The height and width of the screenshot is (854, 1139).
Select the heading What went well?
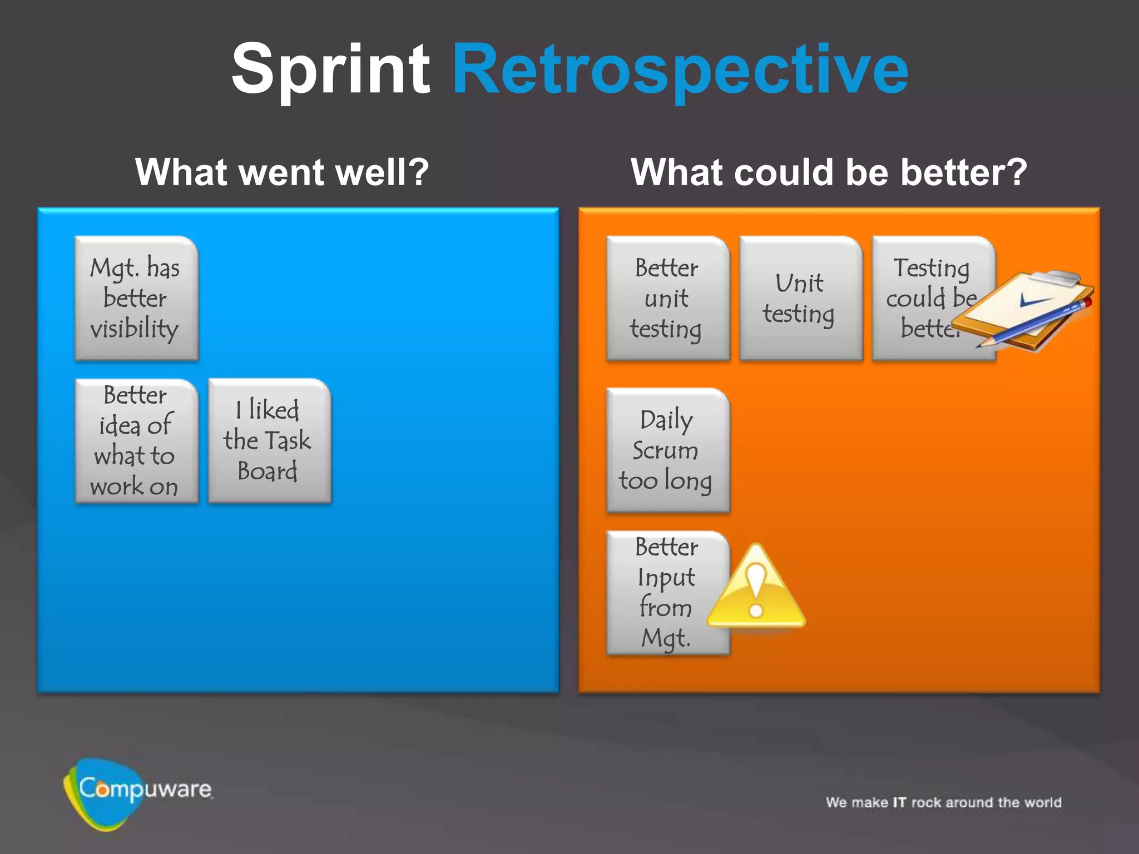click(282, 172)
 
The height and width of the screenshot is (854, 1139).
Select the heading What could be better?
click(829, 172)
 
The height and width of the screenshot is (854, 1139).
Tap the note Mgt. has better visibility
click(136, 298)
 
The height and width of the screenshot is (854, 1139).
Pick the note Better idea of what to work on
click(136, 441)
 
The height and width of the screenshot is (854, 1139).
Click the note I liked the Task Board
click(269, 441)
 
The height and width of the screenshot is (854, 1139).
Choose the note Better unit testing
click(667, 298)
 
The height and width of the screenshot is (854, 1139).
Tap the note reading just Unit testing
click(800, 298)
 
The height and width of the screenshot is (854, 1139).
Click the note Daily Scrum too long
click(667, 450)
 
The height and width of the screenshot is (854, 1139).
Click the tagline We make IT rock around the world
click(943, 802)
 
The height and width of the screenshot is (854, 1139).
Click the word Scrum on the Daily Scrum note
click(665, 450)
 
